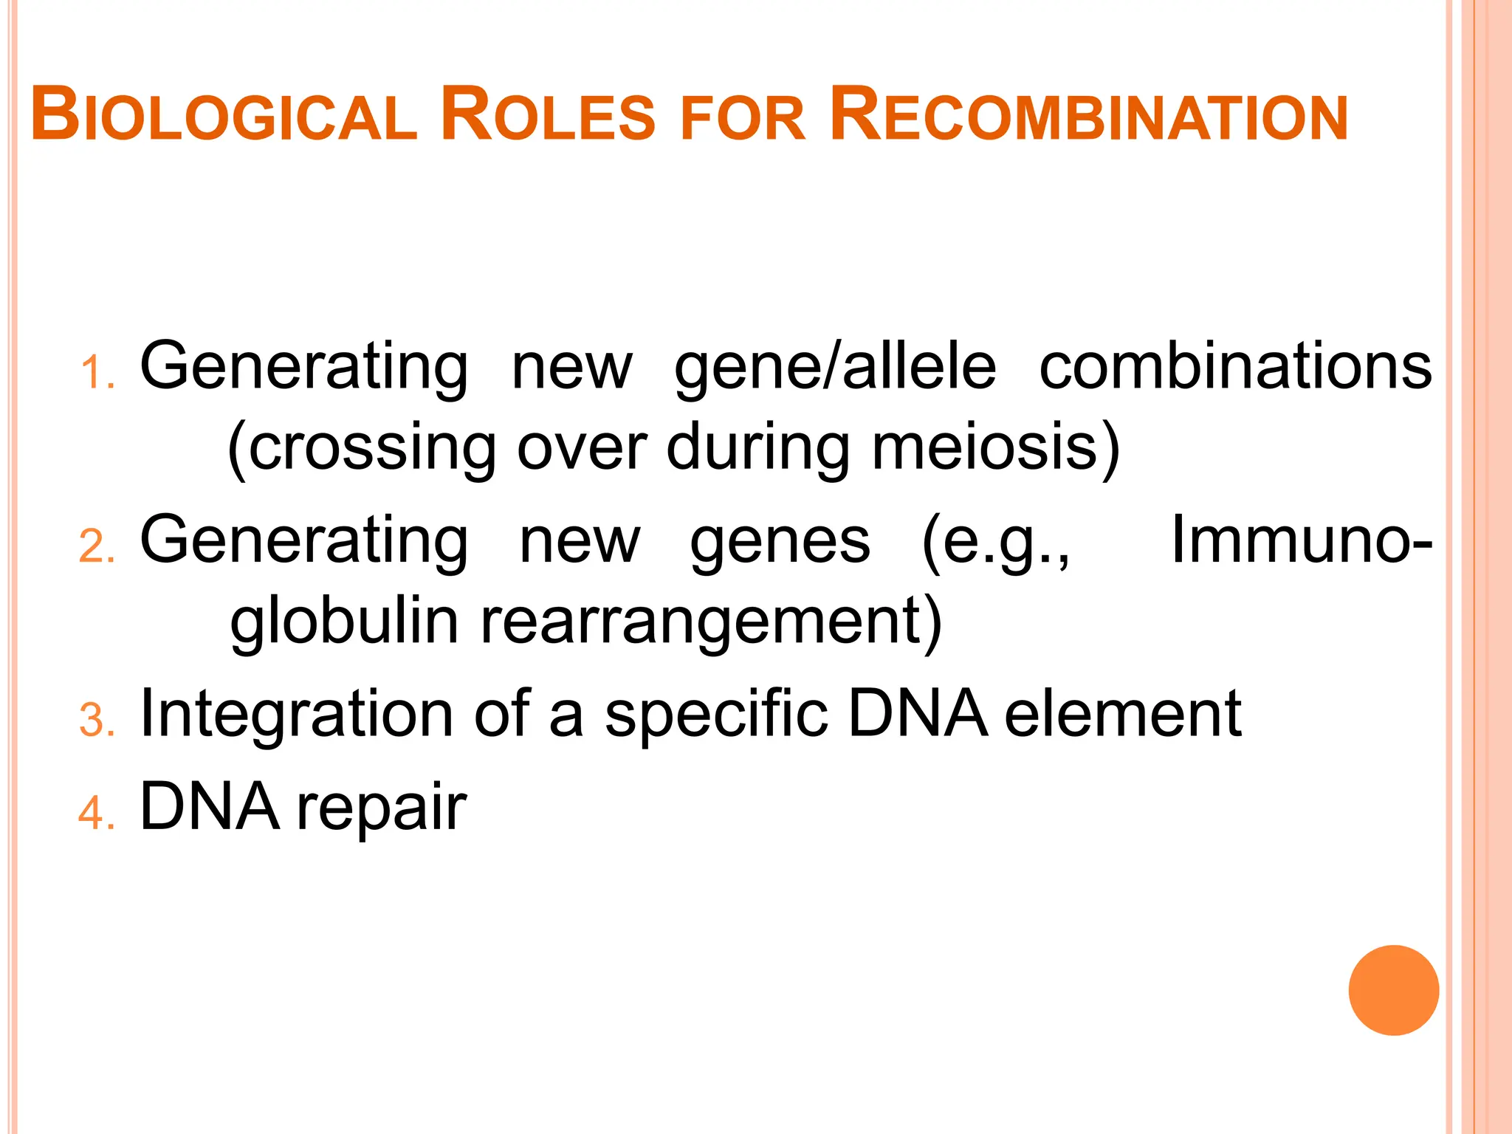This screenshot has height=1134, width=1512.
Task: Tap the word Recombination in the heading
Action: pos(1088,117)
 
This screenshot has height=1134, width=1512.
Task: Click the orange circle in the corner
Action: pos(1393,990)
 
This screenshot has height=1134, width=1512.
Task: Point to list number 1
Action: pos(95,373)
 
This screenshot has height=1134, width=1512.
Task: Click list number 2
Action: pos(95,548)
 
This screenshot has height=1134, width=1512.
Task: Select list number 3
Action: pos(95,721)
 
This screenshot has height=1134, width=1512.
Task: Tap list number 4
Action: pos(95,814)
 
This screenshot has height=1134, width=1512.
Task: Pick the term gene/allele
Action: pos(835,368)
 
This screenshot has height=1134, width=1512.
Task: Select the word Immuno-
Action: pos(1302,540)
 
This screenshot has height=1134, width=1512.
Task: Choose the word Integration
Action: pos(296,715)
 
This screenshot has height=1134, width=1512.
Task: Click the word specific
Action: pos(716,715)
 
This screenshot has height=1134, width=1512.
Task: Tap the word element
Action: pos(1122,713)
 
